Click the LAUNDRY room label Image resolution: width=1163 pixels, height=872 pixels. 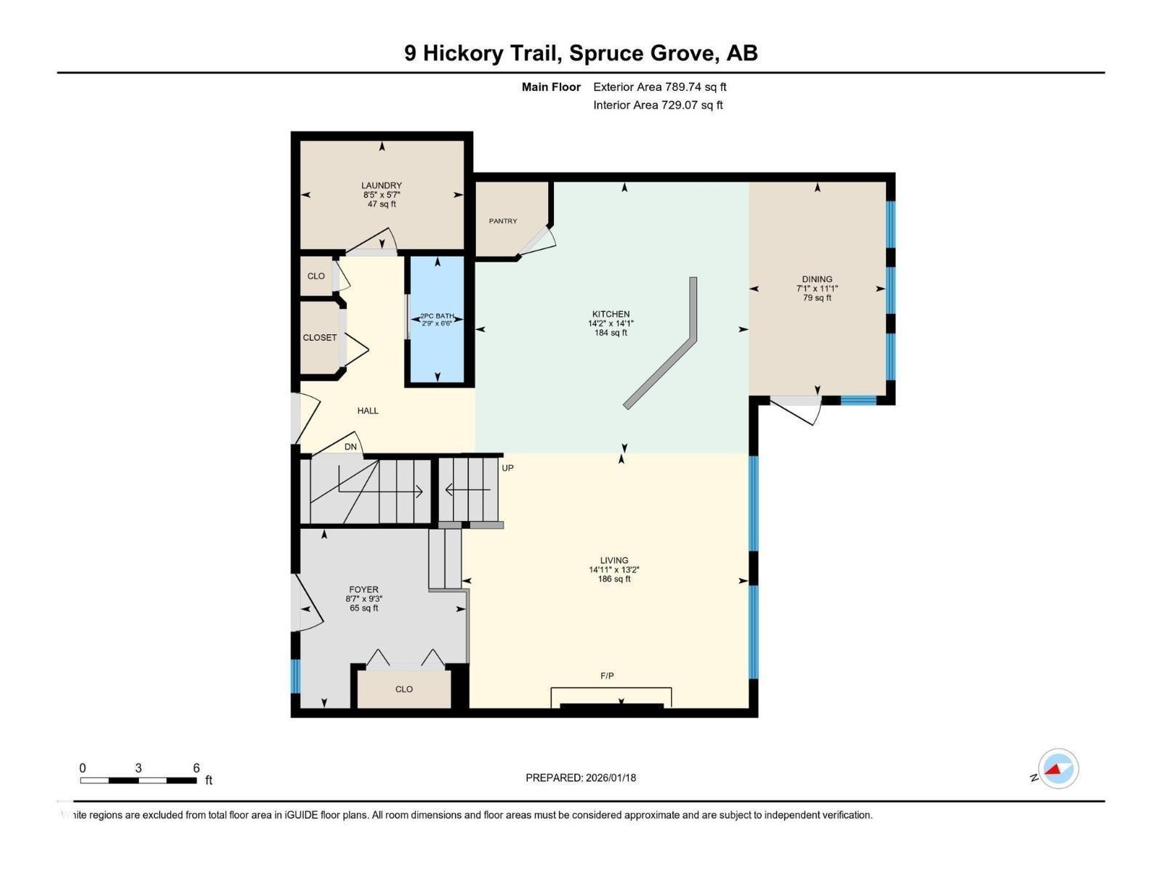coord(382,186)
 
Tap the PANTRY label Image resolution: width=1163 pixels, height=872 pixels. coord(503,221)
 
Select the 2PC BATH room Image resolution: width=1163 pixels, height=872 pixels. coord(437,320)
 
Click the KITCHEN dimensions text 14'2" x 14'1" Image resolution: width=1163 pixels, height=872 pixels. coord(611,324)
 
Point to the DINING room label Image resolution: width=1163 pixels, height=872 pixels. coord(817,279)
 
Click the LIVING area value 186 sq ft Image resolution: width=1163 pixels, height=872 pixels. coord(614,580)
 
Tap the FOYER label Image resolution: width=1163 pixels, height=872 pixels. coord(363,590)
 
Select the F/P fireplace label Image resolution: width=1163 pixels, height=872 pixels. coord(607,676)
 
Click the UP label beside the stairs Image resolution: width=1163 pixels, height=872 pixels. coord(507,468)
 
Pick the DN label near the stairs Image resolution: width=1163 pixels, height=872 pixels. coord(350,447)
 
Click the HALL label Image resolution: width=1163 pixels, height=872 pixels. coord(368,411)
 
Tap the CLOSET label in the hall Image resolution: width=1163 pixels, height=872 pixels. coord(320,338)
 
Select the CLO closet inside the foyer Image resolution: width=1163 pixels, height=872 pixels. coord(404,689)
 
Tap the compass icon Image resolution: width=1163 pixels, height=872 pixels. coord(1058,769)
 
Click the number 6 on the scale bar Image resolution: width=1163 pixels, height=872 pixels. coord(196,768)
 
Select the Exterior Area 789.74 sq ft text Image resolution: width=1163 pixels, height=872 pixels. coord(659,87)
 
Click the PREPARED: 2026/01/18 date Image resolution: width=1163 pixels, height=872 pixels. coord(581,778)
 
